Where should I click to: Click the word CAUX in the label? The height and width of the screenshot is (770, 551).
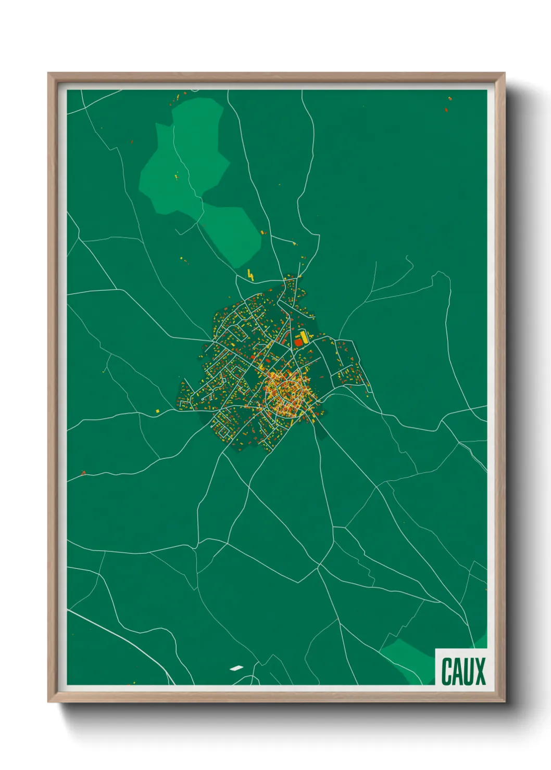[x=463, y=671]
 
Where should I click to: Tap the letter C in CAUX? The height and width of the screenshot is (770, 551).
[x=447, y=671]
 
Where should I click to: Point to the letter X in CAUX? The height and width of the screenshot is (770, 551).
[x=480, y=671]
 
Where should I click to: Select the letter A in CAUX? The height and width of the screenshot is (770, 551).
[x=457, y=671]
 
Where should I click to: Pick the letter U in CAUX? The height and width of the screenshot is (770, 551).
[x=468, y=671]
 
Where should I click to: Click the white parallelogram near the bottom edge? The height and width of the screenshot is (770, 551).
[x=236, y=668]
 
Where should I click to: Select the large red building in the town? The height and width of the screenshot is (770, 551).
[x=298, y=342]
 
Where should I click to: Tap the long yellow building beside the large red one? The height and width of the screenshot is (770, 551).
[x=304, y=336]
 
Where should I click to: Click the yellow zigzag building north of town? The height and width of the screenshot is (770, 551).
[x=251, y=275]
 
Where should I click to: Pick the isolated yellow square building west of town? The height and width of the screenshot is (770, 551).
[x=157, y=411]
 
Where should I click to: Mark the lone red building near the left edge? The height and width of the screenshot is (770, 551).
[x=83, y=472]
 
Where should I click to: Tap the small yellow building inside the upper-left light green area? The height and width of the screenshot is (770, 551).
[x=177, y=176]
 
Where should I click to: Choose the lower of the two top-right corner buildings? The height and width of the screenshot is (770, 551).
[x=446, y=110]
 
